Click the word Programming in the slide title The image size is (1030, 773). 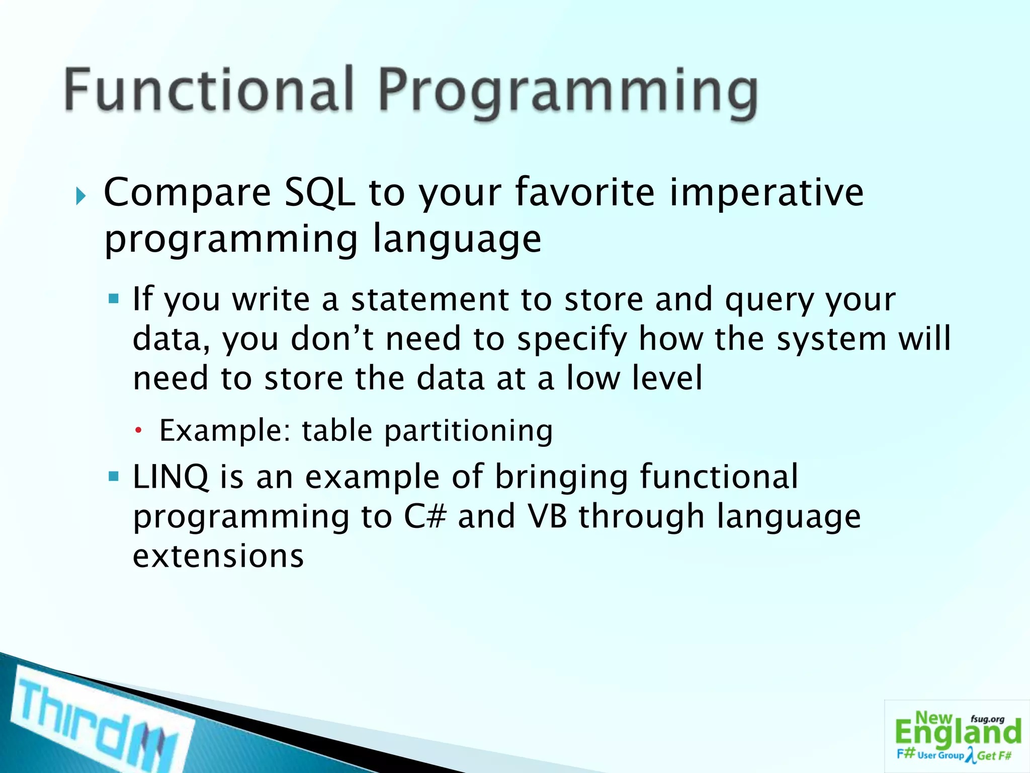tap(567, 93)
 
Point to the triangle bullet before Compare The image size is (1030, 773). tap(81, 196)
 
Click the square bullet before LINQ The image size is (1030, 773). tap(114, 476)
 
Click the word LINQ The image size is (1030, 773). tap(170, 477)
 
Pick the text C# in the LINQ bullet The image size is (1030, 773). tap(425, 517)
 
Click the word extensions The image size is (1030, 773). tap(218, 556)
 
